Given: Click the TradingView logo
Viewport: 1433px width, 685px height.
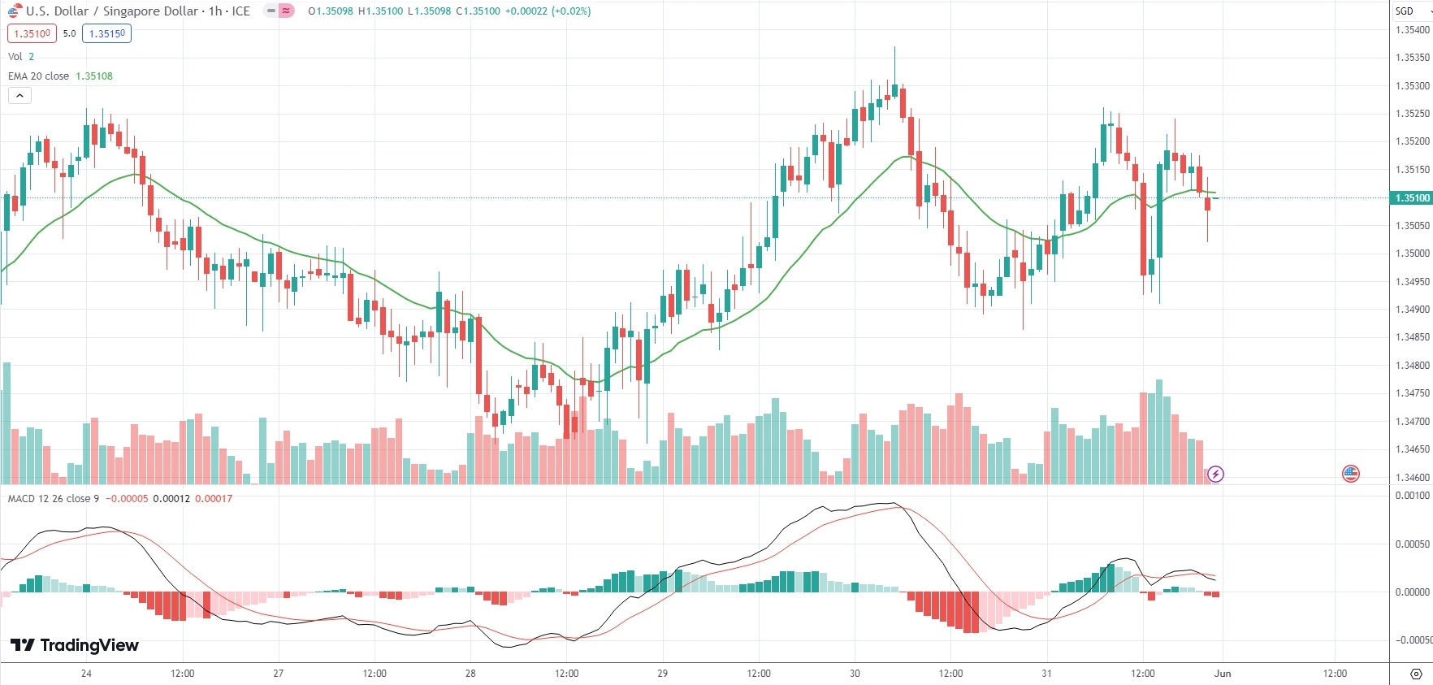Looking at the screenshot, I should click(x=75, y=645).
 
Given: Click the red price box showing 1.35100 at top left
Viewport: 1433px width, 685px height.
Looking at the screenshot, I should click(x=32, y=33).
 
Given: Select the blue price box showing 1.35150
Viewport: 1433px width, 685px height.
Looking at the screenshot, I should click(x=106, y=33).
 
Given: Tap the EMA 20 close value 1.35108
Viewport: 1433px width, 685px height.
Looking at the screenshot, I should click(x=94, y=76).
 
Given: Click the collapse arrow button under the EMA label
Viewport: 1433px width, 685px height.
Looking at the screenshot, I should click(x=19, y=96).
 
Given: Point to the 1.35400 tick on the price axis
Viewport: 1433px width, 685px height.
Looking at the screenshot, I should click(x=1412, y=30).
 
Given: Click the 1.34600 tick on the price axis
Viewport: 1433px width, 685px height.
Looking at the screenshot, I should click(x=1412, y=477).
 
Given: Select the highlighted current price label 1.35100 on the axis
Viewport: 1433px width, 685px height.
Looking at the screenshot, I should click(x=1412, y=197).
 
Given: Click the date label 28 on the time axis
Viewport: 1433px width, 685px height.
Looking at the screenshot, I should click(x=470, y=673).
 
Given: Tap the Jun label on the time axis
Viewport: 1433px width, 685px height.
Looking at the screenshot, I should click(x=1223, y=673).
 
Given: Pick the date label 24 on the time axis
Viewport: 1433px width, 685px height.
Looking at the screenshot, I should click(x=86, y=673).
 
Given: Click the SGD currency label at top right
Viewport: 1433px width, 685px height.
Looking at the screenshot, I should click(x=1405, y=11).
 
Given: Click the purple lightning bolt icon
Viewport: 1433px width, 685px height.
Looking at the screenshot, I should click(x=1215, y=474).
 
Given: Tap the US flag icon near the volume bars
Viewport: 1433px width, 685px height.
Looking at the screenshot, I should click(x=1351, y=474).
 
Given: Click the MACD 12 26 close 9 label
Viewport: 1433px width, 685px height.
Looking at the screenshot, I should click(x=54, y=498).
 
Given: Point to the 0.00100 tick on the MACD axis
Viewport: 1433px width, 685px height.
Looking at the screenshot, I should click(x=1412, y=495).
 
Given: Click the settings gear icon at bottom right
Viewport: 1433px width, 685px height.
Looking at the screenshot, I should click(x=1416, y=674).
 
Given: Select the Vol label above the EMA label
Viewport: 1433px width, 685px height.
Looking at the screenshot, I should click(x=15, y=56).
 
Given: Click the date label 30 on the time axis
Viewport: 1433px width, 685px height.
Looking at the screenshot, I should click(x=855, y=673).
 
